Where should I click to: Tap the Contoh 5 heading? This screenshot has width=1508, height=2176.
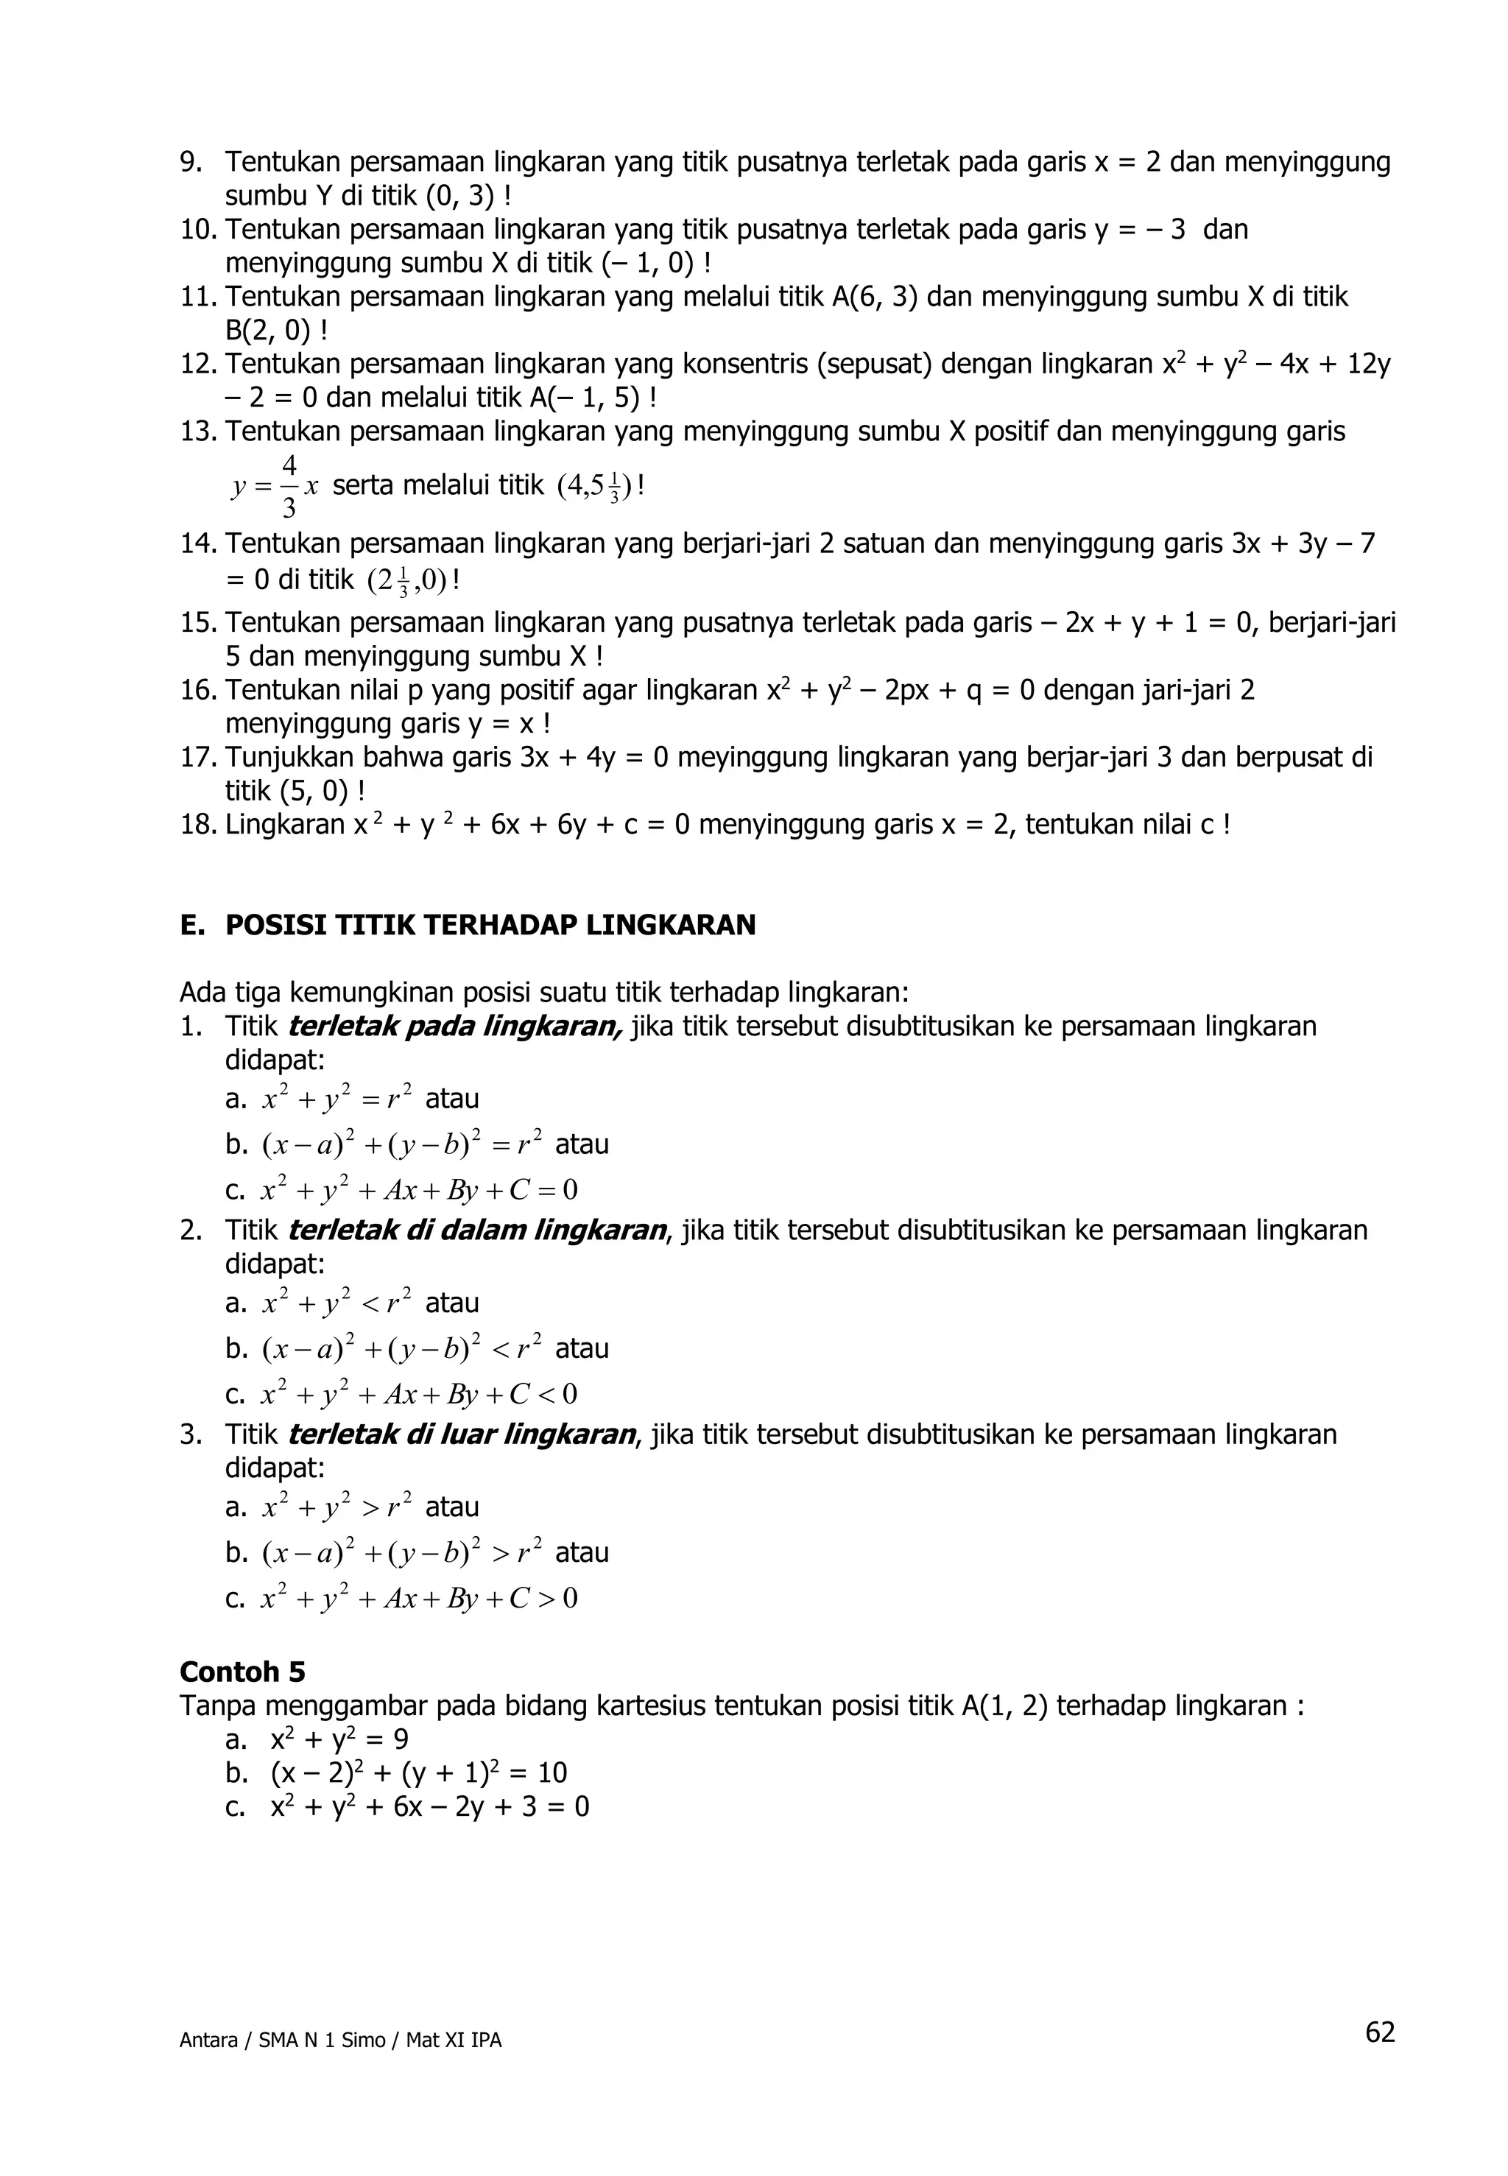243,1672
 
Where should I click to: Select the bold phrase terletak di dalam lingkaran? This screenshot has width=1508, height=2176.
477,1230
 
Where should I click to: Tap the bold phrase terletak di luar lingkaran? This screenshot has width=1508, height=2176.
462,1434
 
